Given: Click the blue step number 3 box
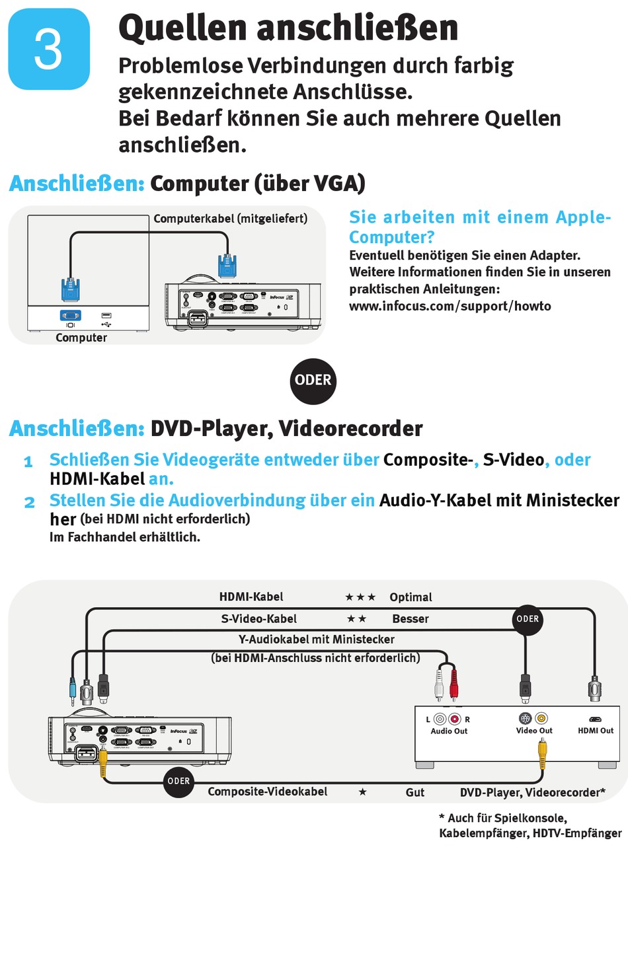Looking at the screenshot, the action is click(x=49, y=49).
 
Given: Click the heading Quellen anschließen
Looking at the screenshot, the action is click(x=288, y=28).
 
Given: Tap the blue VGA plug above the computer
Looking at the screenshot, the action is click(x=71, y=290).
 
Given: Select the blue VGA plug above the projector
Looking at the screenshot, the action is click(x=227, y=266).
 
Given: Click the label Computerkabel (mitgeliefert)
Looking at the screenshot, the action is click(x=230, y=219).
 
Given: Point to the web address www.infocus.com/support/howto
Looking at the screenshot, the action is click(x=450, y=306).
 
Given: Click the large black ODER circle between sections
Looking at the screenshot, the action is click(x=313, y=381).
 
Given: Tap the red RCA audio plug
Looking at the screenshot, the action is click(x=453, y=684).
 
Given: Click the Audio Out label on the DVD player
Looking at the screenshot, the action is click(x=449, y=731).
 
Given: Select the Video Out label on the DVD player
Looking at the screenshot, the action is click(x=534, y=730).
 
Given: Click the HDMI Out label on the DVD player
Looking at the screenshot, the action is click(x=596, y=730).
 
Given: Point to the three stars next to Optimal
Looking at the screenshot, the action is click(x=360, y=597).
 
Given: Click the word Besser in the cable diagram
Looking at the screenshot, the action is click(x=411, y=619).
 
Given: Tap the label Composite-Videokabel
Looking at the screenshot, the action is click(x=267, y=792).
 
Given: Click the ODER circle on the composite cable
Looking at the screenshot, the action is click(x=178, y=781).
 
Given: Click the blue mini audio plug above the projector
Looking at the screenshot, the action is click(x=73, y=690).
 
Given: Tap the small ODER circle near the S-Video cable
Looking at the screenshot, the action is click(x=527, y=619).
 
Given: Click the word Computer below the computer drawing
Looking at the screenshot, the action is click(x=81, y=338).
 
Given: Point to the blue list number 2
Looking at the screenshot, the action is click(x=29, y=502).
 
